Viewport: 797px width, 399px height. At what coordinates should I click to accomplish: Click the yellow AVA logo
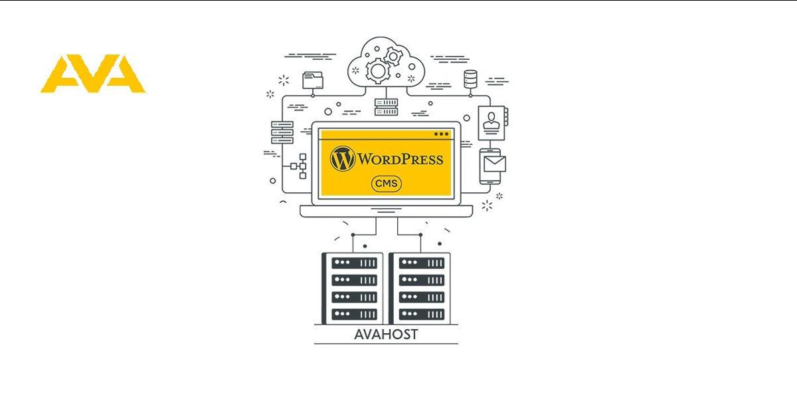pyautogui.click(x=93, y=74)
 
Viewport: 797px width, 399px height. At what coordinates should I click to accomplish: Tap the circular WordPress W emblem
pyautogui.click(x=343, y=159)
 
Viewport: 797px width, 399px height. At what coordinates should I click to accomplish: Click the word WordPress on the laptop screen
pyautogui.click(x=400, y=160)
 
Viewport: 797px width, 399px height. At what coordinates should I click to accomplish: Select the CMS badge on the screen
pyautogui.click(x=386, y=184)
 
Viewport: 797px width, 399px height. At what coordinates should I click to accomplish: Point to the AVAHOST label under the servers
pyautogui.click(x=386, y=334)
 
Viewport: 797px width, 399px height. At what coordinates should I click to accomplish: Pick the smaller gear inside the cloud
pyautogui.click(x=394, y=55)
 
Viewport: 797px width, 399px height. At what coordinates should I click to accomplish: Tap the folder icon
pyautogui.click(x=312, y=80)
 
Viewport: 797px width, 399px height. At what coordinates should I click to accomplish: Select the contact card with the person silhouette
pyautogui.click(x=491, y=122)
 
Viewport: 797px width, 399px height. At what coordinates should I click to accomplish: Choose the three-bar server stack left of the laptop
pyautogui.click(x=282, y=132)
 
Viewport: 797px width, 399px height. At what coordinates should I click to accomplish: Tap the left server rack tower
pyautogui.click(x=353, y=288)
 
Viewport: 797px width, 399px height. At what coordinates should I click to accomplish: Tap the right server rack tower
pyautogui.click(x=420, y=288)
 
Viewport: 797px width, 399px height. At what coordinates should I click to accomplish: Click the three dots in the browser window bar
pyautogui.click(x=442, y=134)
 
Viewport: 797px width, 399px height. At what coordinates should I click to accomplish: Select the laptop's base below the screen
pyautogui.click(x=386, y=211)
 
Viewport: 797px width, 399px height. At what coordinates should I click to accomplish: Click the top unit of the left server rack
pyautogui.click(x=354, y=263)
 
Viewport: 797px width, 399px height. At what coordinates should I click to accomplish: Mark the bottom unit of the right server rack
pyautogui.click(x=421, y=313)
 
